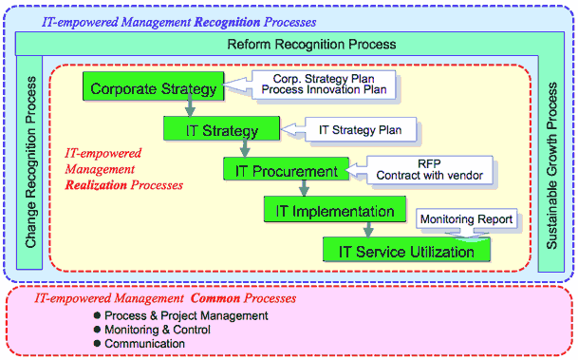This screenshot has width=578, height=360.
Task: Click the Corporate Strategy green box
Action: point(153,89)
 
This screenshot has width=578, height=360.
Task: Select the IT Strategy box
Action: point(221,128)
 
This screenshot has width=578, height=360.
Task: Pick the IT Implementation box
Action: point(327,212)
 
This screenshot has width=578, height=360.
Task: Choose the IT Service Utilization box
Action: point(406,251)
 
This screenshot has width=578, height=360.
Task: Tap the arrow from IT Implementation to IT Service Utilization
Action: point(367,231)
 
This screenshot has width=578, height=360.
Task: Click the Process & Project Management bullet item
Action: point(186,315)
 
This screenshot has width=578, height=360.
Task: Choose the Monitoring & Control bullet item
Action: point(157,329)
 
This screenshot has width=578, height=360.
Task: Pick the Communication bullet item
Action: point(144,343)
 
